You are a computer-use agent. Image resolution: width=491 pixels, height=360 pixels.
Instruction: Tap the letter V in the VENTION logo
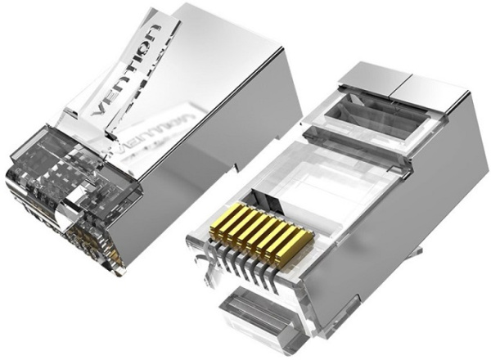pyautogui.click(x=100, y=108)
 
